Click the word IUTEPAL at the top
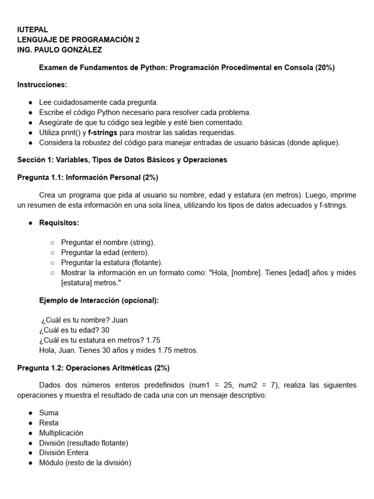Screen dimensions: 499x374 point(33,30)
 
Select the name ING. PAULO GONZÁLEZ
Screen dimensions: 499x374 point(59,50)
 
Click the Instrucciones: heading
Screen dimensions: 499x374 point(42,85)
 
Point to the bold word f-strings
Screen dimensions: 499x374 point(103,133)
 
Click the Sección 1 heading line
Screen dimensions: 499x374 point(122,160)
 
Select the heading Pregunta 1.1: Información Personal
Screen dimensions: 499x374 point(88,177)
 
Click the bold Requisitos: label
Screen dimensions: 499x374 point(59,223)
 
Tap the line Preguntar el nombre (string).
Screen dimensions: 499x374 point(108,242)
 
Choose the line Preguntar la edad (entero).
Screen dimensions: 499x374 point(105,252)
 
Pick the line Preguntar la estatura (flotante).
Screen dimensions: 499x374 point(112,262)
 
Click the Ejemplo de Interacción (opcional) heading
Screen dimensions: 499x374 point(99,300)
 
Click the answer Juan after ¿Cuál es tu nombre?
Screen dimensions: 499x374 point(120,320)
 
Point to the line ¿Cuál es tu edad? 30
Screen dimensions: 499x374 point(74,330)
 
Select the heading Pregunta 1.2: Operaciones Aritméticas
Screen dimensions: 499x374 point(93,367)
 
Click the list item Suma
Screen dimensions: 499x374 point(49,413)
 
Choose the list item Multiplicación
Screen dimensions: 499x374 point(61,433)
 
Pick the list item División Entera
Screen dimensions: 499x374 point(64,453)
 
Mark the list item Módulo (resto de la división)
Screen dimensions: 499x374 point(85,462)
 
